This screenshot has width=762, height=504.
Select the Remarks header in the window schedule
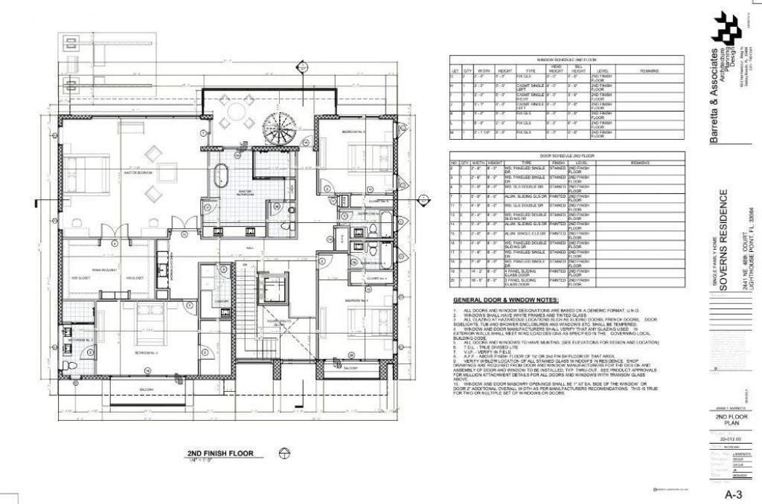648,71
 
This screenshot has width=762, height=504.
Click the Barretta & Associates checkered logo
726,28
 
